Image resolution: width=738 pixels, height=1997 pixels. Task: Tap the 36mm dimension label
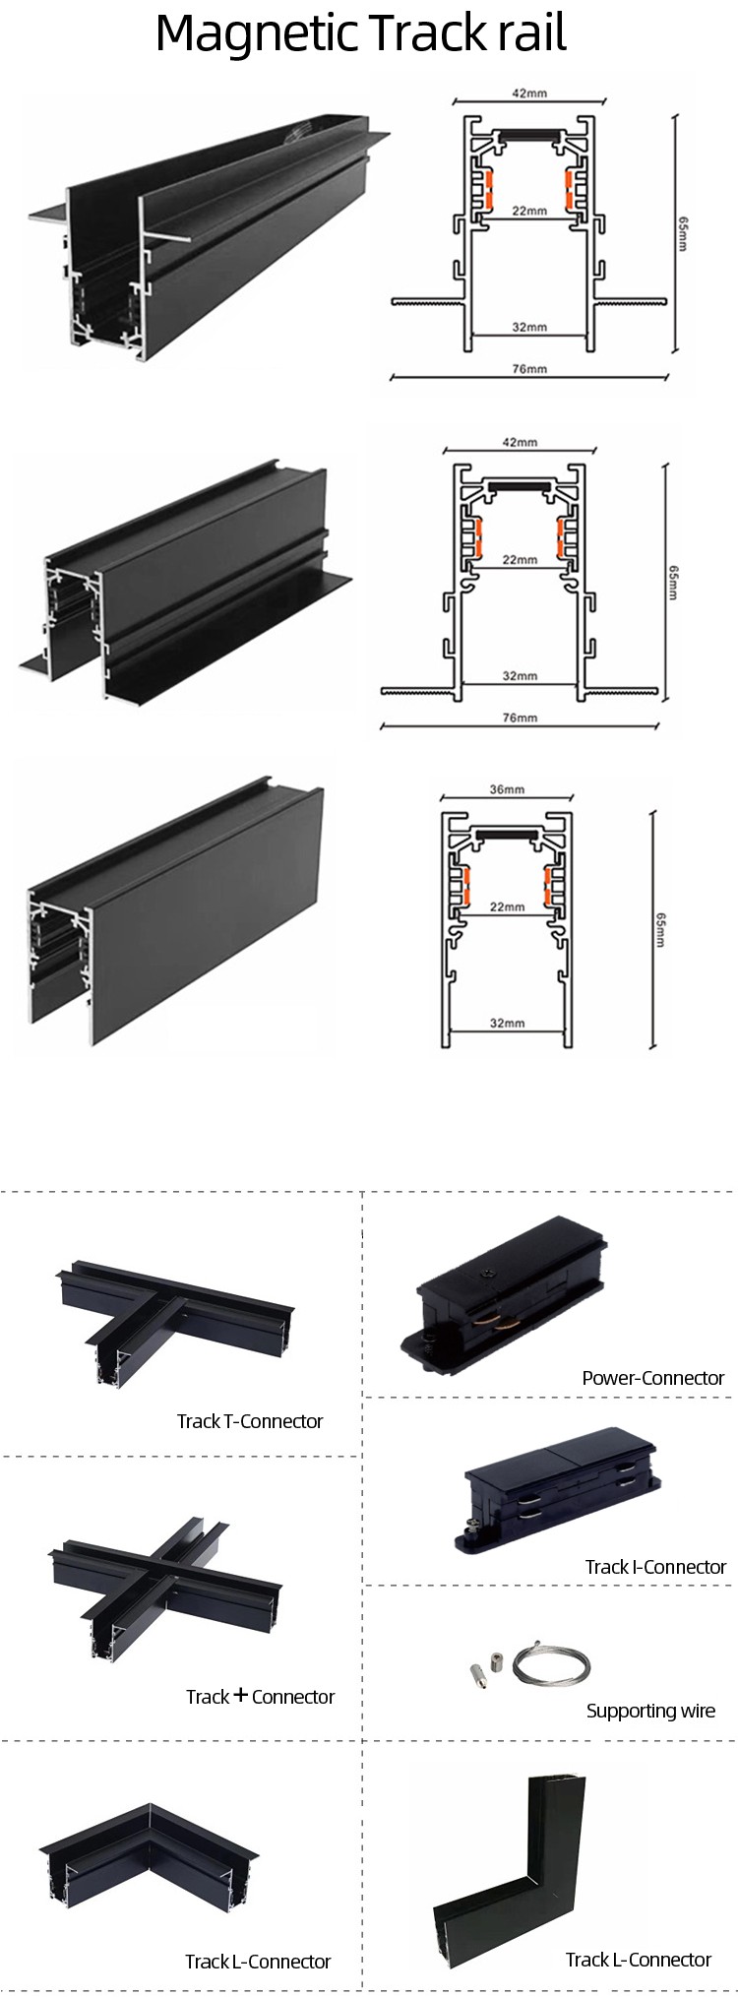(x=507, y=789)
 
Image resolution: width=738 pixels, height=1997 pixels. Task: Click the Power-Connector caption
(x=652, y=1378)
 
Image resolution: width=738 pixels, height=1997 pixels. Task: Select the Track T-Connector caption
(x=250, y=1420)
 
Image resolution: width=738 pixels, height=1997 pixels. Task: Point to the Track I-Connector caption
(x=655, y=1566)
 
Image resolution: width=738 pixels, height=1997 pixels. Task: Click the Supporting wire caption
(x=650, y=1710)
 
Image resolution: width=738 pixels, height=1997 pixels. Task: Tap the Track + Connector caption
(x=260, y=1696)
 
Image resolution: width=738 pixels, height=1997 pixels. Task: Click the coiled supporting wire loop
(x=558, y=1664)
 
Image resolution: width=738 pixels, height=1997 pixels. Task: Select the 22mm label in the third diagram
(x=507, y=906)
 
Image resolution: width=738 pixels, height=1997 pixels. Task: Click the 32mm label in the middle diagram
(x=520, y=676)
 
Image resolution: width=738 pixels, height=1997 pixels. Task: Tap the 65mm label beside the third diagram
(x=660, y=931)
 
